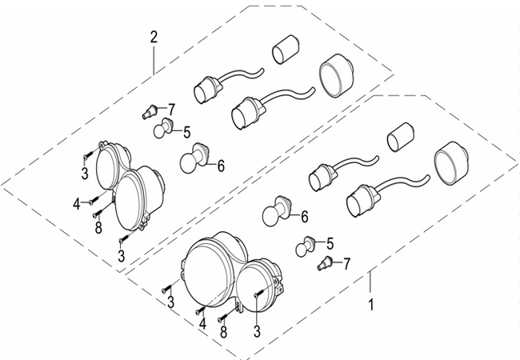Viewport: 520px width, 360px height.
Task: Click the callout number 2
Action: tap(154, 38)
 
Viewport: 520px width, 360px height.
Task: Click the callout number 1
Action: tap(371, 304)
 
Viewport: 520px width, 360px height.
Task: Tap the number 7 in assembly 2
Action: tap(171, 109)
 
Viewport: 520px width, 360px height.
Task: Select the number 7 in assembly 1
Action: tap(346, 264)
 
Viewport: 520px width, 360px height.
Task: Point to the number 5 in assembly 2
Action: tap(186, 132)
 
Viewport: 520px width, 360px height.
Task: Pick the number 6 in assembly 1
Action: tap(305, 217)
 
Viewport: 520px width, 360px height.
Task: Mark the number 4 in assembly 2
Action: tap(77, 204)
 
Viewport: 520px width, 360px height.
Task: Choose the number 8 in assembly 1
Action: tap(224, 332)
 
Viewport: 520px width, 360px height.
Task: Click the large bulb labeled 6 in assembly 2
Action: tap(194, 158)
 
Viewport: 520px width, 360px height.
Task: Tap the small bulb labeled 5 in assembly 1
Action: tap(305, 246)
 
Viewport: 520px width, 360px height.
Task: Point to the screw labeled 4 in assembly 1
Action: tap(201, 310)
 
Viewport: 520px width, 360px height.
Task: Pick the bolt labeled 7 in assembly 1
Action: tap(325, 263)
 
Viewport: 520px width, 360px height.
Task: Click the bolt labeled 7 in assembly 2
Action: tap(150, 111)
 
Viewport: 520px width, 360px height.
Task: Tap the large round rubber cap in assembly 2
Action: tap(336, 76)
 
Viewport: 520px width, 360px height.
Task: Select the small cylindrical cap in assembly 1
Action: tap(400, 137)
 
